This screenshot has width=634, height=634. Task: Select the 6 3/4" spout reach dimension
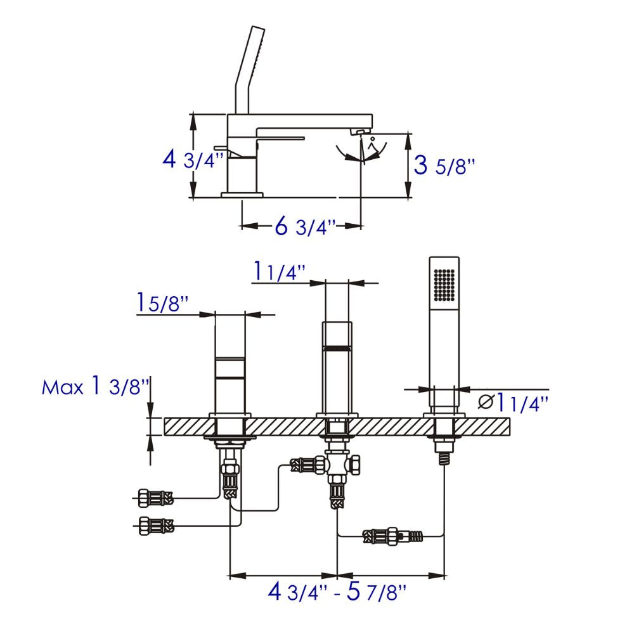305,226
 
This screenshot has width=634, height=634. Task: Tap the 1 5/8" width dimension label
162,303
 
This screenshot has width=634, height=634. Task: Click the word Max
62,387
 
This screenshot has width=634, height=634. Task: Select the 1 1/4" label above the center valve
280,271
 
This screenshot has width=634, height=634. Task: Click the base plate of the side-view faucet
242,193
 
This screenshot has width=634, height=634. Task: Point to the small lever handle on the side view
224,147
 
